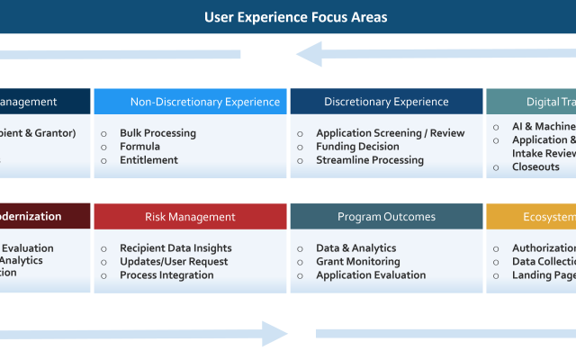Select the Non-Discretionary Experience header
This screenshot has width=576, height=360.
pos(191,102)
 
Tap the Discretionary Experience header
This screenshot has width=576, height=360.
pos(386,102)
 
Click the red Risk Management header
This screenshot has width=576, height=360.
pos(190,217)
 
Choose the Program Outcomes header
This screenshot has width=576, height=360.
pos(386,217)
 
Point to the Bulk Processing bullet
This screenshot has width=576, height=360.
pos(157,133)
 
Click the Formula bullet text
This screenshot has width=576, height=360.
pos(139,147)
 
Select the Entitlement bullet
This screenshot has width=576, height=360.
pos(148,160)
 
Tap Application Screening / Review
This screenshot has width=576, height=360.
pos(390,133)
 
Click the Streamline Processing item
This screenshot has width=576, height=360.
pos(369,160)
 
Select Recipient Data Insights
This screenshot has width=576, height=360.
pos(175,248)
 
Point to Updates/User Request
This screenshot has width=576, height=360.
pos(174,262)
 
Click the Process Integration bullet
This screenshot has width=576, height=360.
pos(166,275)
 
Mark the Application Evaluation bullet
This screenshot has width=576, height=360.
pos(371,275)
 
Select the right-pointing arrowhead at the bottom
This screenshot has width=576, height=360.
pos(274,334)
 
